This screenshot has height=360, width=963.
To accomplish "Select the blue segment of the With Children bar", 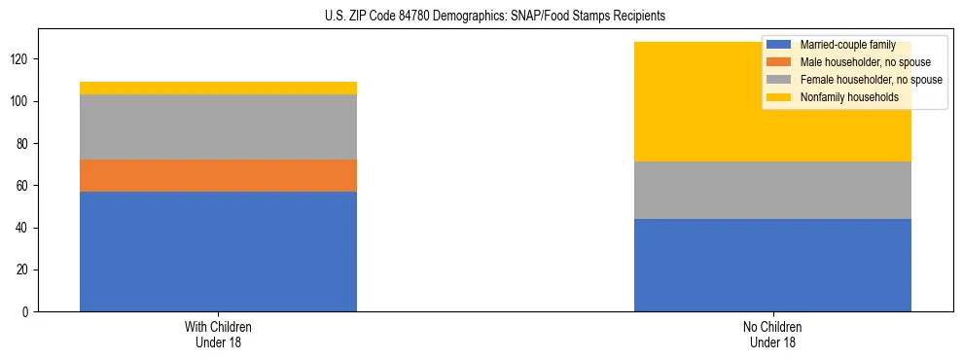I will coord(218,251).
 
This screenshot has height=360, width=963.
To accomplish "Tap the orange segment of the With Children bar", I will coord(218,175).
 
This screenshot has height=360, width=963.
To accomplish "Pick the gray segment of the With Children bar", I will coord(218,126).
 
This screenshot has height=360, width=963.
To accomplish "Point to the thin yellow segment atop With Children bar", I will coord(218,89).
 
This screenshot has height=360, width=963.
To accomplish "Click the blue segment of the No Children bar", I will coord(772,265).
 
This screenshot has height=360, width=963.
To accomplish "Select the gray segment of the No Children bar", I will coord(772,190).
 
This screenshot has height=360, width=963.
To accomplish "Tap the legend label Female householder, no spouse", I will coord(871,80).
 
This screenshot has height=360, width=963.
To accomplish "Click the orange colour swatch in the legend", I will coord(778,62).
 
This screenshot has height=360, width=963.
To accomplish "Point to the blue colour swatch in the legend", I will coord(778,45).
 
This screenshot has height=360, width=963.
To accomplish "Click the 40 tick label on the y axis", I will coord(24,228).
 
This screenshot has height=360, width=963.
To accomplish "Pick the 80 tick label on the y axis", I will coord(24,144).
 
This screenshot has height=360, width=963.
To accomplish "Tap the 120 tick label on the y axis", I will coord(21,59).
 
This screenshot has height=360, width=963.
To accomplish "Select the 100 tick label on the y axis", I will coord(21,102).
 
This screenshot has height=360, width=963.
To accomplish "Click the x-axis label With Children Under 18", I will coord(218,334).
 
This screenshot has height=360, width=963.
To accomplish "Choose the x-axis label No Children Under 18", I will coord(772,334).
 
